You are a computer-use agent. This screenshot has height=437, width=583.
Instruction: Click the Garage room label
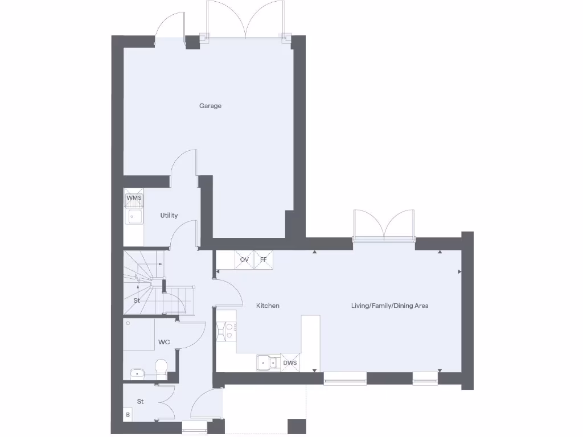coord(210,106)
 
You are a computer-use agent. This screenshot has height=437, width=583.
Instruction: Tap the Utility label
coord(169,216)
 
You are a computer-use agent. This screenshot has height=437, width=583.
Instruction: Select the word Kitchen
coord(268,306)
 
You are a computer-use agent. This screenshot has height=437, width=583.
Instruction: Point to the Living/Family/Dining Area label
coord(389,306)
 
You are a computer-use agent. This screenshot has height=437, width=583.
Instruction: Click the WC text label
coord(164,343)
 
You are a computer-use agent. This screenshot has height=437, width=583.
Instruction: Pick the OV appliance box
coord(244,259)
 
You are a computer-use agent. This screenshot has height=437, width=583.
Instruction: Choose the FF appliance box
coord(264,259)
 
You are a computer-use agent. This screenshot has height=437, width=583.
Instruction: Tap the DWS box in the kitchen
coord(290,362)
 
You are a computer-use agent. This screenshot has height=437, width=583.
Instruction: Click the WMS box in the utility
coord(134,197)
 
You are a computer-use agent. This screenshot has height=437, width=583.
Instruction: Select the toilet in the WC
coord(161,369)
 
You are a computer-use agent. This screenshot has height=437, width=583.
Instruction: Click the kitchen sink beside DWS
coord(265,362)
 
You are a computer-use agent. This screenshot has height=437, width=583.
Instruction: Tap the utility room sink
coord(135,217)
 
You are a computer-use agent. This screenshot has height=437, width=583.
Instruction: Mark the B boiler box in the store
coord(128,415)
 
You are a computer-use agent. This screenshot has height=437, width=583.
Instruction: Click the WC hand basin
coord(137,374)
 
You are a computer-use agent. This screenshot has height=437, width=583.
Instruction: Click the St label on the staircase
coord(137,300)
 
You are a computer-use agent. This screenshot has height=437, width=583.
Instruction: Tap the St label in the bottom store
coord(140,401)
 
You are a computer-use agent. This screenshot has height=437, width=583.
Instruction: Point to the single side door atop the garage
coord(171,26)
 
